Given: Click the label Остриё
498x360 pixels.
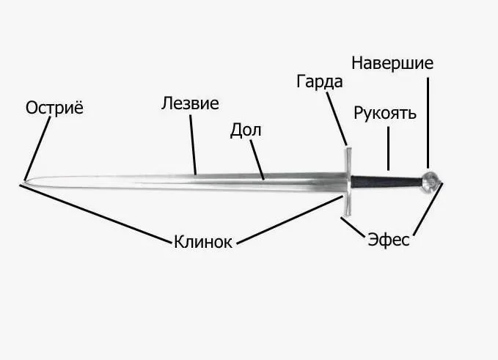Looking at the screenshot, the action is pyautogui.click(x=54, y=108).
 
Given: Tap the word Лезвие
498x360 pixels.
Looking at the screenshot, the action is pyautogui.click(x=190, y=103).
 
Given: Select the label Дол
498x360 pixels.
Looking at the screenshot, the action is pyautogui.click(x=246, y=131).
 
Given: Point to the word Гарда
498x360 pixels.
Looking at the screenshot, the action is pyautogui.click(x=320, y=82).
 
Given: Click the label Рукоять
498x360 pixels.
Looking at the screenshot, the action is pyautogui.click(x=385, y=114).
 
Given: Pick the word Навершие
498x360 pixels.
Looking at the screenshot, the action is pyautogui.click(x=392, y=63).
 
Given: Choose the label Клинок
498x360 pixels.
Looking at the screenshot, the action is pyautogui.click(x=203, y=242).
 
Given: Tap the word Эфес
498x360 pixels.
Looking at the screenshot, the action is pyautogui.click(x=389, y=239).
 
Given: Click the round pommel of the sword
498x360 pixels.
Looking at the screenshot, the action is pyautogui.click(x=431, y=181).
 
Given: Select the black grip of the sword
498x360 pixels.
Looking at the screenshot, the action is pyautogui.click(x=387, y=182).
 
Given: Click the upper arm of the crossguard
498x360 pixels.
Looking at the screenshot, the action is pyautogui.click(x=348, y=161).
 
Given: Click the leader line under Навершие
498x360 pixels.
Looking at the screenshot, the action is pyautogui.click(x=428, y=123).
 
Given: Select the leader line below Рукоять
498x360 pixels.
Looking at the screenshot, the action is pyautogui.click(x=388, y=149).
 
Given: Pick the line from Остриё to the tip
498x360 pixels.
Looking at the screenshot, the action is pyautogui.click(x=37, y=149).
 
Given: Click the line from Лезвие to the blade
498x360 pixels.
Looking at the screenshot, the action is pyautogui.click(x=193, y=144).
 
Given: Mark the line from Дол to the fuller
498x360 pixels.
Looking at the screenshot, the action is pyautogui.click(x=257, y=160).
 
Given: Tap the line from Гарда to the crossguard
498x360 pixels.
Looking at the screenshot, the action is pyautogui.click(x=337, y=119).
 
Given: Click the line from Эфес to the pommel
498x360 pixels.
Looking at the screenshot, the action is pyautogui.click(x=428, y=210).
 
